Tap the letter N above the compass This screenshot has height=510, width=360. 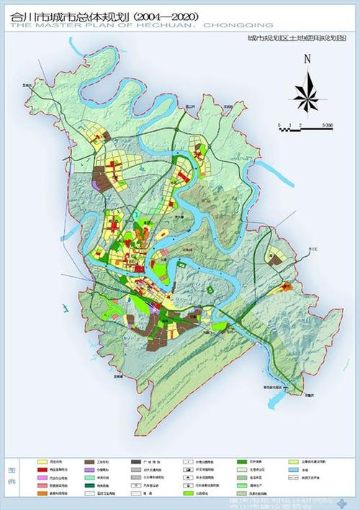coord(306,60)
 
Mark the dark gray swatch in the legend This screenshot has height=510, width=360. coord(138,461)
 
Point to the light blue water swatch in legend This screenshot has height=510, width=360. coord(292,468)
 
